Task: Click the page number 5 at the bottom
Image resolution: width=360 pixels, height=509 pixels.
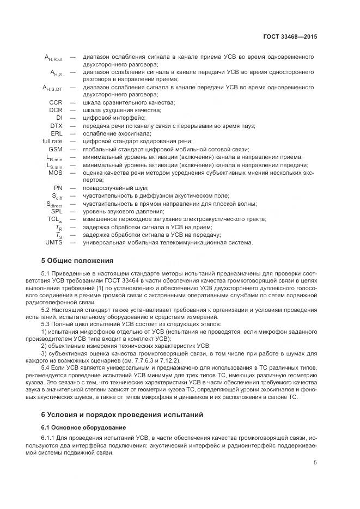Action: pyautogui.click(x=315, y=463)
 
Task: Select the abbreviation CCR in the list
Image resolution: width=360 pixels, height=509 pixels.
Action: pyautogui.click(x=56, y=102)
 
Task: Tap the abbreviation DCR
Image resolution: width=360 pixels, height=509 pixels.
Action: pyautogui.click(x=56, y=110)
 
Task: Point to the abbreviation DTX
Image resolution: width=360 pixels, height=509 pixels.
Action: pyautogui.click(x=56, y=126)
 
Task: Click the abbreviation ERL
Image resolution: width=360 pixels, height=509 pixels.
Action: pyautogui.click(x=56, y=133)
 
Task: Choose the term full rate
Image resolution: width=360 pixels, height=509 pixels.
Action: pyautogui.click(x=52, y=141)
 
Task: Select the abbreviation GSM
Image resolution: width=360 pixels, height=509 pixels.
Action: pyautogui.click(x=55, y=149)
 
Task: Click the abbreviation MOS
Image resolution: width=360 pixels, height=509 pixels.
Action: pyautogui.click(x=55, y=173)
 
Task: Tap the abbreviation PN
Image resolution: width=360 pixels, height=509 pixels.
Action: pyautogui.click(x=58, y=188)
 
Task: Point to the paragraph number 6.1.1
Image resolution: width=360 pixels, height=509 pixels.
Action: pyautogui.click(x=48, y=438)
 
